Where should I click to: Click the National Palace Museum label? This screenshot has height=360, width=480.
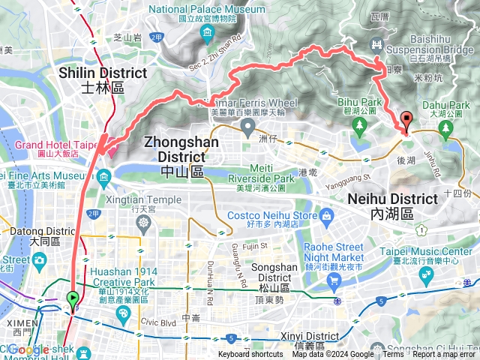tap(207, 9)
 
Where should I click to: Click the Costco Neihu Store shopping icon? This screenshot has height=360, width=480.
tap(326, 216)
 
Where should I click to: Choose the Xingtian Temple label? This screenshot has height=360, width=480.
tap(145, 199)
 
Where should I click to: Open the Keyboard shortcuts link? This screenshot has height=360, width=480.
tap(250, 355)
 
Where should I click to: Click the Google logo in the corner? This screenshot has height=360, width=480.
tap(28, 349)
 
